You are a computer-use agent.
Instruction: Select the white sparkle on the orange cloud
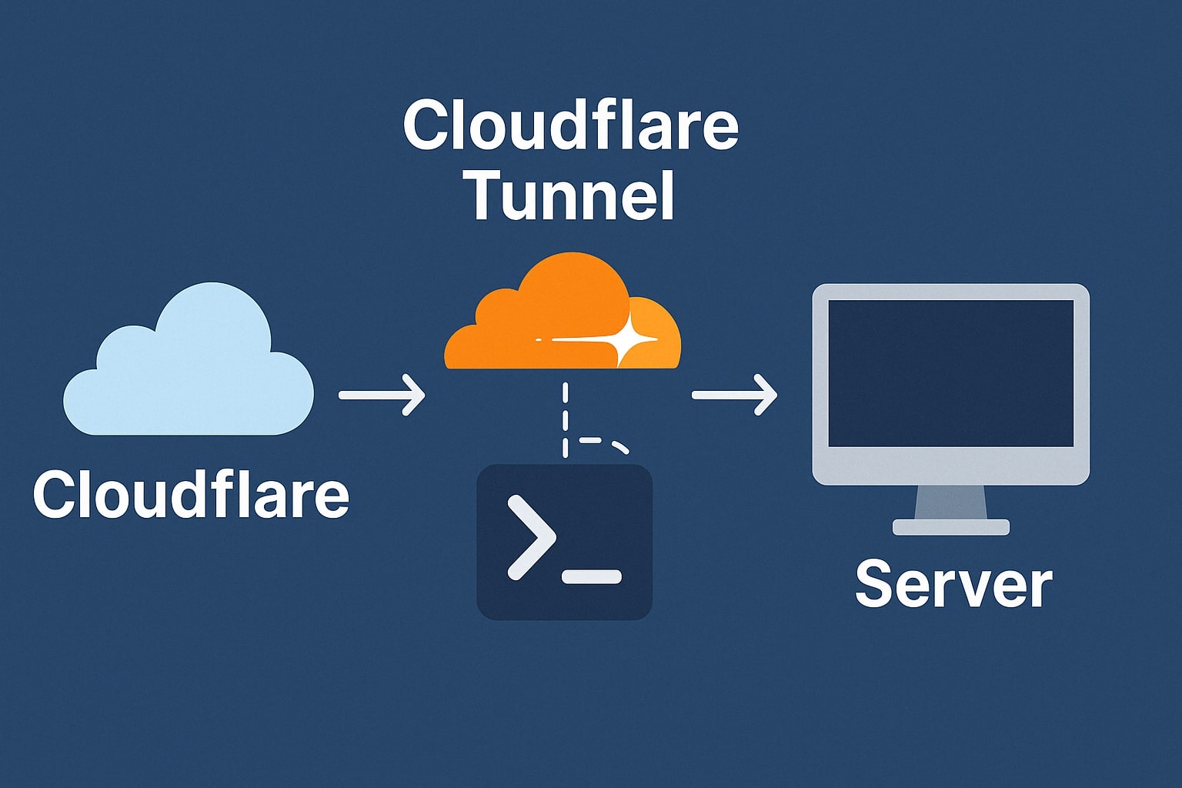628,339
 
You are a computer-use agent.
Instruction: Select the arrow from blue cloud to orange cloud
382,395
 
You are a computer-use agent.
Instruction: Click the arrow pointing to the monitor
734,395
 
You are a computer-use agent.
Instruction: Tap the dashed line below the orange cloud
566,419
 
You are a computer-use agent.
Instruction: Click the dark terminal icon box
564,543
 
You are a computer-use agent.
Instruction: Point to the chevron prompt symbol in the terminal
531,537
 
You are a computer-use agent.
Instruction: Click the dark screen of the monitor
950,373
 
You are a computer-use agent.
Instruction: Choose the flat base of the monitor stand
951,527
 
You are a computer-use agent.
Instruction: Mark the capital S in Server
874,585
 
